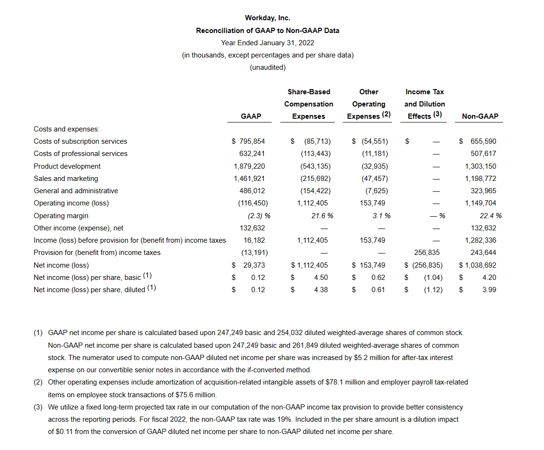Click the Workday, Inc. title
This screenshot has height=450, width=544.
click(x=268, y=18)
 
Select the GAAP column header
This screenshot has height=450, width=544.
click(x=251, y=116)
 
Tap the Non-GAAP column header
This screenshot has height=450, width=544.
click(x=480, y=116)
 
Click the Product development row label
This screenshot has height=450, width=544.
click(x=67, y=166)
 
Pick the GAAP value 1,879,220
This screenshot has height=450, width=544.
click(x=249, y=166)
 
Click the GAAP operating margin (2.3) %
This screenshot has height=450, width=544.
click(x=259, y=215)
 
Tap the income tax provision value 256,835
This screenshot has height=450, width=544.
click(x=427, y=253)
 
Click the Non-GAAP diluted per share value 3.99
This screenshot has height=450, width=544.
click(x=489, y=290)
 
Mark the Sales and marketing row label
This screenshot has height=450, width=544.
click(x=66, y=179)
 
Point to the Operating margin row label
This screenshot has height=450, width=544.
click(x=61, y=215)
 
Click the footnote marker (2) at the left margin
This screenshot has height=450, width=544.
click(x=38, y=382)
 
